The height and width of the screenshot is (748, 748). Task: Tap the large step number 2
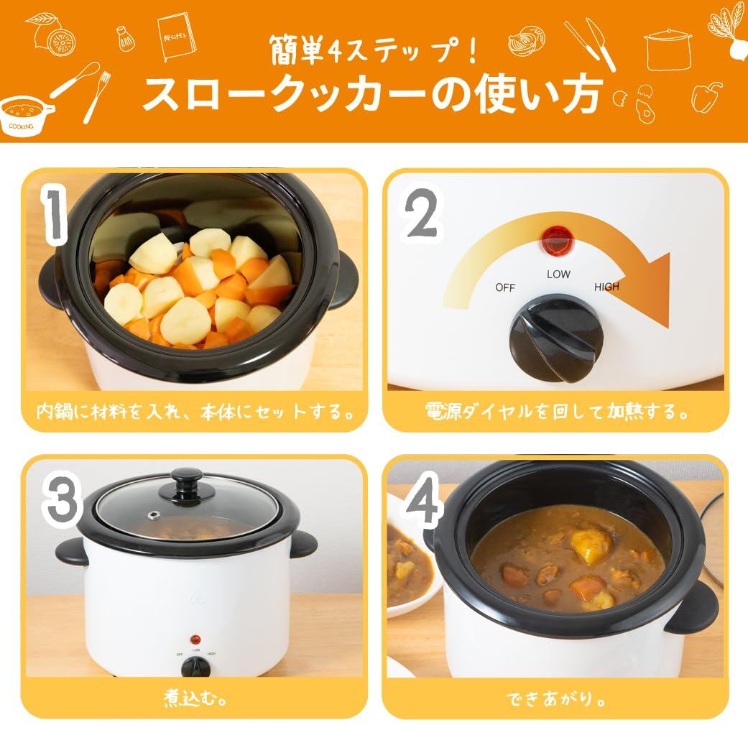(421, 213)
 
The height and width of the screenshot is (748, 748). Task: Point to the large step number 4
(423, 499)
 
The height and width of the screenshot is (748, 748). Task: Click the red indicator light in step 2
(556, 241)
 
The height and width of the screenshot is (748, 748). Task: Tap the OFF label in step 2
(504, 287)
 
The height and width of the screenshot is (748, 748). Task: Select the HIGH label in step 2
(606, 287)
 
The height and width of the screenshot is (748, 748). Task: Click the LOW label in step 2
(558, 274)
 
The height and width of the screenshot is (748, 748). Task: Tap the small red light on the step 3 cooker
(195, 640)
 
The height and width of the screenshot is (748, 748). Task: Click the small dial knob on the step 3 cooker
(195, 666)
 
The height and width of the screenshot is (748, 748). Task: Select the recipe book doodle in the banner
(177, 37)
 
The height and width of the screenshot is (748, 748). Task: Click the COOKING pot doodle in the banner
(24, 114)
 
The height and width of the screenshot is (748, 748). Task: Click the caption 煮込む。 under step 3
(195, 698)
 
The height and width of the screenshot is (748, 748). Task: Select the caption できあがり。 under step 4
(556, 699)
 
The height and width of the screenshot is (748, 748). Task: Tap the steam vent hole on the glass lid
(154, 515)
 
